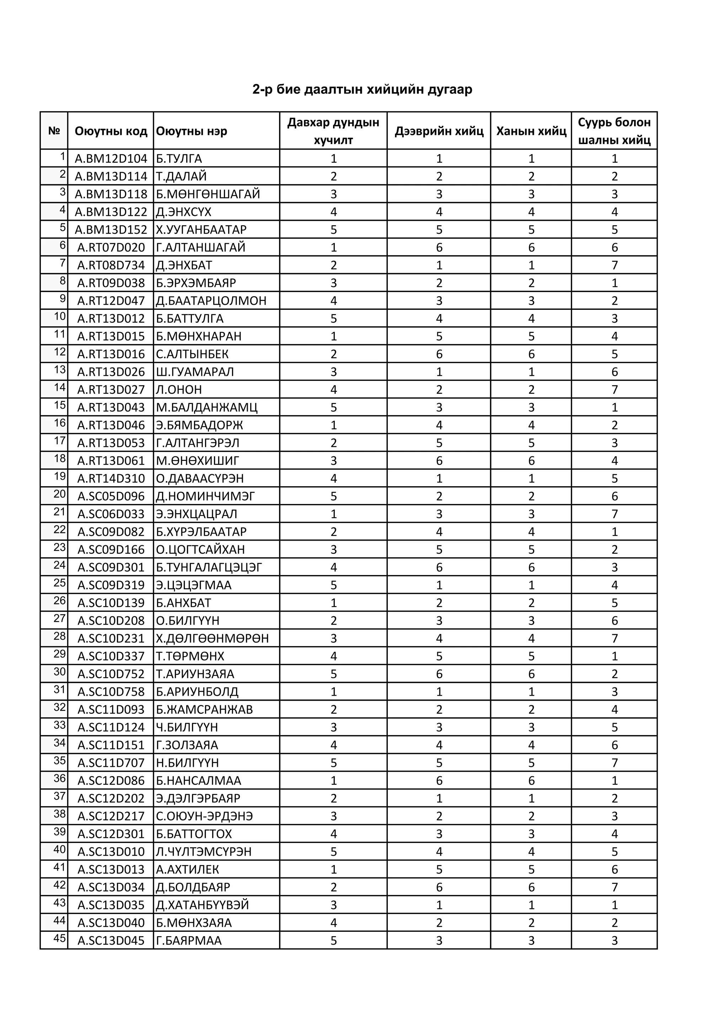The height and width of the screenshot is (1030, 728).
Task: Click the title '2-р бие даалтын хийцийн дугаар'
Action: click(x=362, y=90)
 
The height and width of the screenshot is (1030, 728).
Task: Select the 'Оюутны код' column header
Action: click(x=111, y=131)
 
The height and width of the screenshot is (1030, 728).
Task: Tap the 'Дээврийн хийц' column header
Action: click(x=439, y=131)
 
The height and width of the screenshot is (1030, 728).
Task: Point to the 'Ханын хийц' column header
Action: click(x=531, y=131)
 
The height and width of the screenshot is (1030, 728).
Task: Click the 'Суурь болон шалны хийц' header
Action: click(x=614, y=131)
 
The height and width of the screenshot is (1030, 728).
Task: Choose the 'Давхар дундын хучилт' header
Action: click(x=333, y=131)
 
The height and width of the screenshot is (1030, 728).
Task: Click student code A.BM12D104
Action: click(x=111, y=158)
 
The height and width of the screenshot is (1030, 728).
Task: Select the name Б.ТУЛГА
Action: click(x=179, y=158)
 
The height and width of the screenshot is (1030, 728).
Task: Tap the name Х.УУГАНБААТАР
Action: click(x=201, y=230)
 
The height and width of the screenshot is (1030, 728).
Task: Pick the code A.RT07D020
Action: click(x=111, y=247)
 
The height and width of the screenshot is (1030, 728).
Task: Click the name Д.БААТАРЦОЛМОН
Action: click(x=211, y=301)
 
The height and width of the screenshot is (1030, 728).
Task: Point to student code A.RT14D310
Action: click(x=111, y=478)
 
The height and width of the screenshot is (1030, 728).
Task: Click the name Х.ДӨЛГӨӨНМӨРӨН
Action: click(x=212, y=638)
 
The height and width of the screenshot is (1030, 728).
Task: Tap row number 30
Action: click(x=60, y=671)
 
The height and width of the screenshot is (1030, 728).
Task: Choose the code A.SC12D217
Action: click(x=111, y=816)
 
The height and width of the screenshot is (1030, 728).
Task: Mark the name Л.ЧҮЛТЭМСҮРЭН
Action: click(x=204, y=851)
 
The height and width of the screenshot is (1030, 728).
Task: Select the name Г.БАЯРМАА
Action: click(x=189, y=940)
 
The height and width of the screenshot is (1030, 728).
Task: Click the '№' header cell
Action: click(x=54, y=131)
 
